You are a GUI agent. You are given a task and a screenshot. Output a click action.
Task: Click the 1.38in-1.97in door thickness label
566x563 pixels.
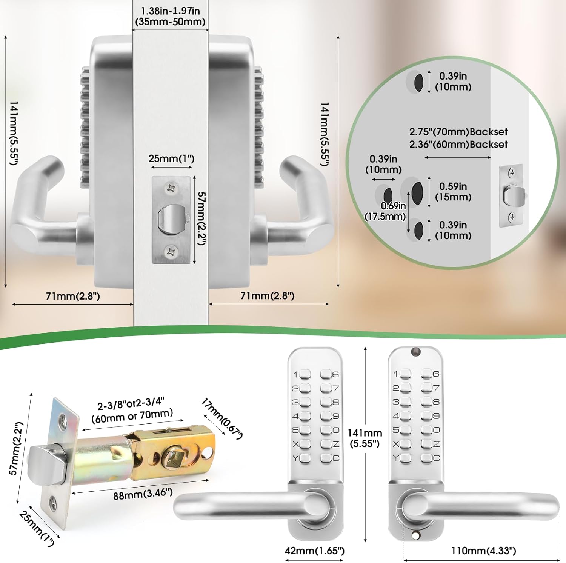170,16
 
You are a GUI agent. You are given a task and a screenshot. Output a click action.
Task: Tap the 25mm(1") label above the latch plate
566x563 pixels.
171,158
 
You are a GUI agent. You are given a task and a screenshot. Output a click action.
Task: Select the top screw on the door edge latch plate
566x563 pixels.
172,188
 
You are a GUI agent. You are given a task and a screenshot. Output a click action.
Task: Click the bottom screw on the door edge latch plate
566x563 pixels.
172,251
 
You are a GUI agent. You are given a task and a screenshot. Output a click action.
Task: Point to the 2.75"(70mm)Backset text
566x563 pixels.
458,132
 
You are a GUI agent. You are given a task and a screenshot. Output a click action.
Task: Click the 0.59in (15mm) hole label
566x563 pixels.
453,192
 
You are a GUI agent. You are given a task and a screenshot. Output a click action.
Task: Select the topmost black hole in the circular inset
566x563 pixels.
418,83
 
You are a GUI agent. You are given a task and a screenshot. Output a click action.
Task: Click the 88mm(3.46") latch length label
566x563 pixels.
143,494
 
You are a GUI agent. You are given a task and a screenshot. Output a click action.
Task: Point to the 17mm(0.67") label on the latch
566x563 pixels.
222,418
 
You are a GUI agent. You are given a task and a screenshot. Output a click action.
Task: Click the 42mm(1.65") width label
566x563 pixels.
314,551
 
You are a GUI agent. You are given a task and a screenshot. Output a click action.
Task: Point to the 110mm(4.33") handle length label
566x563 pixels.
483,551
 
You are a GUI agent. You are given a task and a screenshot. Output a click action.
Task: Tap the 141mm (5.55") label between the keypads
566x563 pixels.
365,438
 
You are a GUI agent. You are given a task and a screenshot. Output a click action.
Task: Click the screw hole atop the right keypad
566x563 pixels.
416,352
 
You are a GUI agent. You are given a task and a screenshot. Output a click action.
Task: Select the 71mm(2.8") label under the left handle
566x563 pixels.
73,296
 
